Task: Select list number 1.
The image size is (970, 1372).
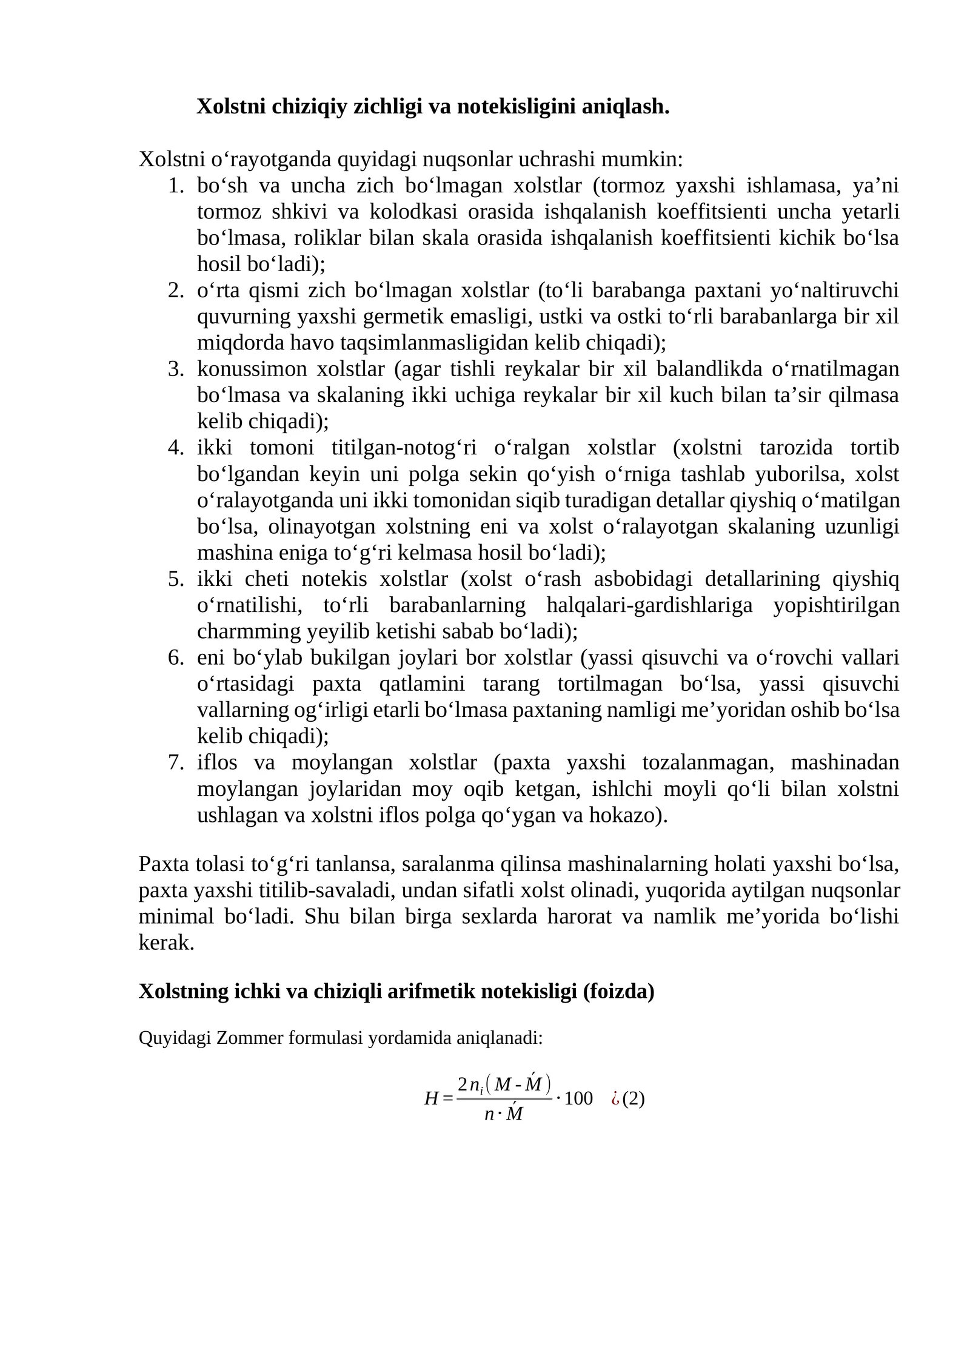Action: pyautogui.click(x=176, y=186)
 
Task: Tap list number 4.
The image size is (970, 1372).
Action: pyautogui.click(x=176, y=448)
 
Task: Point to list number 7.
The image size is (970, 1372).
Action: pyautogui.click(x=176, y=762)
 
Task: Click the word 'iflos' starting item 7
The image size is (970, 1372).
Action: pyautogui.click(x=217, y=762)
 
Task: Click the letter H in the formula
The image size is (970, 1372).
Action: pyautogui.click(x=431, y=1098)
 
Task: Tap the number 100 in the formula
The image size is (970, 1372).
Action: pyautogui.click(x=578, y=1098)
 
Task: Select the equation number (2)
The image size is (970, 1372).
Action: pyautogui.click(x=634, y=1098)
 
